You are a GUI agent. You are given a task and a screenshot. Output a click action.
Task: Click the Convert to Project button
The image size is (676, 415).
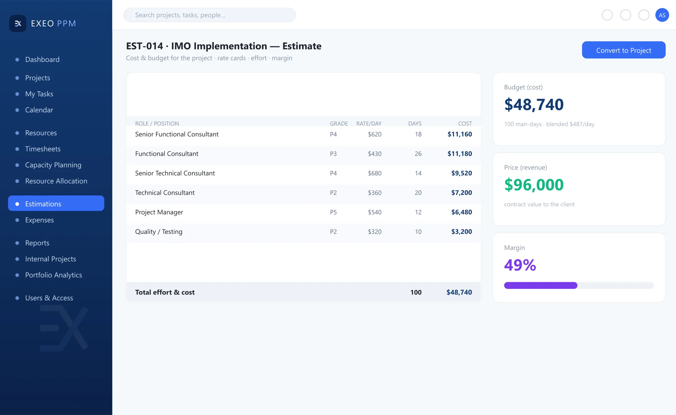coord(623,50)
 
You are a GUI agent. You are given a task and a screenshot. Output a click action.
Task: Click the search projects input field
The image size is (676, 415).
coord(210,15)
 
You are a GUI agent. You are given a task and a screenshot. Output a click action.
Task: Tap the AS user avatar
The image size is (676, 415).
coord(662,15)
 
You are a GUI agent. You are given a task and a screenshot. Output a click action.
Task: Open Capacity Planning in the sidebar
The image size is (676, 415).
coord(53,165)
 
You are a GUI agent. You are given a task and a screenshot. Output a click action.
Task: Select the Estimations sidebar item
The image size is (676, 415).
coord(56,204)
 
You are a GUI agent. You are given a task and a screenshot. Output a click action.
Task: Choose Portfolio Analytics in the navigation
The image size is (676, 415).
coord(53,275)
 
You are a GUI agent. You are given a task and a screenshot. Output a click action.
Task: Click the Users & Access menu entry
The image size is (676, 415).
coord(49,298)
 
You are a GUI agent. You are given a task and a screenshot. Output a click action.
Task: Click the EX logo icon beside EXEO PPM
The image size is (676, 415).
coord(18,23)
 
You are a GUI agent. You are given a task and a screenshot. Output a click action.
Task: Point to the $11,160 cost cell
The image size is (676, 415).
coord(460,134)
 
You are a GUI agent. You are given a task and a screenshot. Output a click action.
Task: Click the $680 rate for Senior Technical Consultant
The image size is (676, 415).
coord(375,173)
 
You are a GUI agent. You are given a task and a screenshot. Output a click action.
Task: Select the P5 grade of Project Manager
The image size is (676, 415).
coord(333,212)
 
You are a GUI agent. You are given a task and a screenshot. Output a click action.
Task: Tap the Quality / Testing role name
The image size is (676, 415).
coord(159,232)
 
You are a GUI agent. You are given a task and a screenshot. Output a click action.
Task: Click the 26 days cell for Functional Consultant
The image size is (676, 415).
coord(418,154)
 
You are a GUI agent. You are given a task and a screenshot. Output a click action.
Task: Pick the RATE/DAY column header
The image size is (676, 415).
coord(369,124)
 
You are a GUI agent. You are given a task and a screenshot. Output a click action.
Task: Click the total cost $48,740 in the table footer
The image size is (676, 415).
coord(459,292)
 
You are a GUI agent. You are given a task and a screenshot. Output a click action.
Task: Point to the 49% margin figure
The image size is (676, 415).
coord(520,265)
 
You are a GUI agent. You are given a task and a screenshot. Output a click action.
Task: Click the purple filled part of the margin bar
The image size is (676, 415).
coord(541,285)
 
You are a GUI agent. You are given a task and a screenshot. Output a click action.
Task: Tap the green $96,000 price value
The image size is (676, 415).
coord(534,185)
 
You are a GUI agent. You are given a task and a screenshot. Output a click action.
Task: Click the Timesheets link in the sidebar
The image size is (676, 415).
coord(43,149)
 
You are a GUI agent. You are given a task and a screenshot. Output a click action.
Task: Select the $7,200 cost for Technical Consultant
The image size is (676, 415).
coord(462,193)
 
